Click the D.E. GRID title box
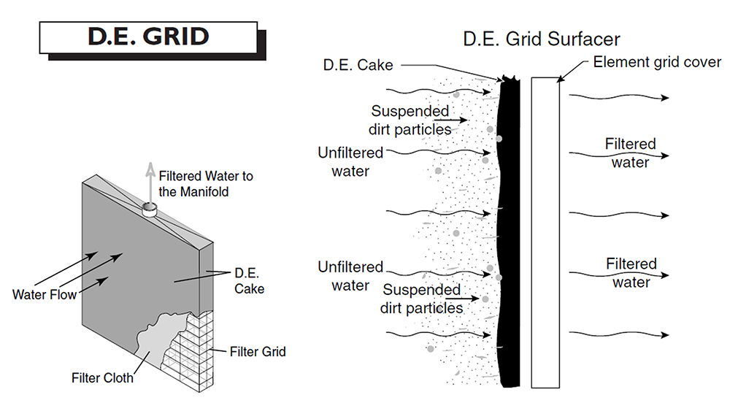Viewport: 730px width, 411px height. click(148, 37)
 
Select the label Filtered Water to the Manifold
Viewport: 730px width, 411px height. click(206, 184)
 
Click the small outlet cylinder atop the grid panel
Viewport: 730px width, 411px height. click(150, 210)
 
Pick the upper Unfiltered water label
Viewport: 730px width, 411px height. click(350, 161)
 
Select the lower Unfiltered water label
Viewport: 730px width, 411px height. click(350, 276)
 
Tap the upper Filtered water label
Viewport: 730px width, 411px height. click(631, 153)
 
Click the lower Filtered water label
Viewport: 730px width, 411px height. click(631, 272)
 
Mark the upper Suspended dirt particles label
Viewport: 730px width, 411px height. click(410, 119)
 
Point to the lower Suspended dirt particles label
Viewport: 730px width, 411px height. click(421, 299)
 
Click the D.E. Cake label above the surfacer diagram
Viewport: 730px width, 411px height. click(358, 65)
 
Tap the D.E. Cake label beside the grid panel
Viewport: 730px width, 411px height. click(249, 281)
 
